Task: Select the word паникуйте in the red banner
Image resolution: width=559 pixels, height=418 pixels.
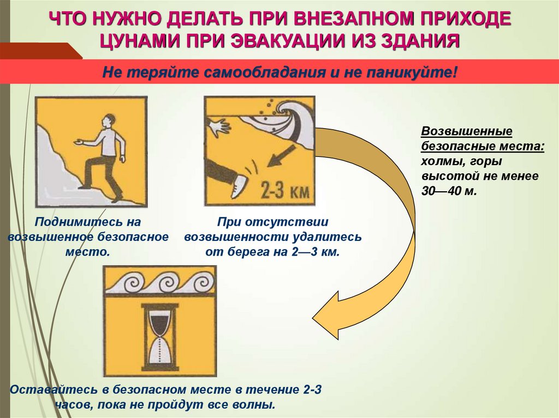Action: click(x=409, y=72)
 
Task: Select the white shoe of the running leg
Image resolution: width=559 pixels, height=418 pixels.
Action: click(x=239, y=186)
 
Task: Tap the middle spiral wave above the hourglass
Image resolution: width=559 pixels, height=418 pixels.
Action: click(x=165, y=282)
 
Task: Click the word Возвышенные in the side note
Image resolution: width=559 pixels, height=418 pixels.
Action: click(x=467, y=131)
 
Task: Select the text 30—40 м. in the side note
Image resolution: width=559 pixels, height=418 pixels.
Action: click(x=449, y=191)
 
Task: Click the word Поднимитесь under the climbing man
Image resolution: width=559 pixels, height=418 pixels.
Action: click(x=74, y=222)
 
